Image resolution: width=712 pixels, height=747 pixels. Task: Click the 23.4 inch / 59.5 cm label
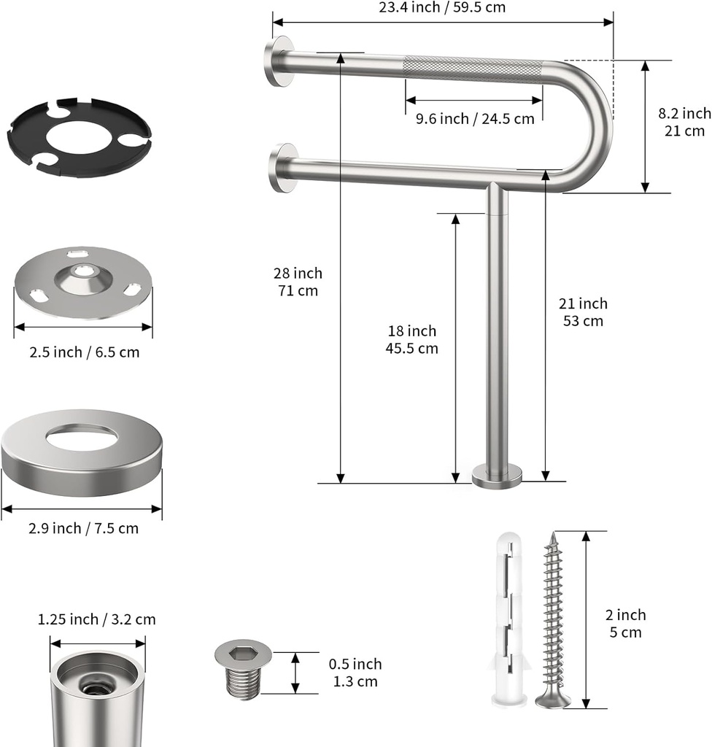click(442, 7)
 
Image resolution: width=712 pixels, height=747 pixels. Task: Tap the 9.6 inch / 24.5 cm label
click(475, 118)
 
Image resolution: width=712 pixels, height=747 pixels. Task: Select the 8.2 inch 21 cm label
click(684, 122)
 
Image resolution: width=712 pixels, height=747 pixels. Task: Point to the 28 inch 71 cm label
click(298, 282)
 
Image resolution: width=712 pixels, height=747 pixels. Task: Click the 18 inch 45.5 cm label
click(411, 339)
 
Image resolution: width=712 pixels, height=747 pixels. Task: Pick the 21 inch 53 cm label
click(583, 311)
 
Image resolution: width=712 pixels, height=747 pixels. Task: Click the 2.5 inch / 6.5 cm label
click(84, 352)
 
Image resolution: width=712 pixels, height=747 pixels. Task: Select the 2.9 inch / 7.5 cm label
click(83, 528)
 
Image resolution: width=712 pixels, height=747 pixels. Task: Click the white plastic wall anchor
click(510, 620)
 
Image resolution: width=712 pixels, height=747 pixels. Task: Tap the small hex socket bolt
click(243, 670)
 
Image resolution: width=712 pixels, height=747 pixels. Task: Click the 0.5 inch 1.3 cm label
click(355, 673)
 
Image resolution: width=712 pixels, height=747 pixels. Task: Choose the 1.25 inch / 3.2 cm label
click(96, 619)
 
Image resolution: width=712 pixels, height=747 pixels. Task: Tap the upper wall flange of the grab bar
click(279, 61)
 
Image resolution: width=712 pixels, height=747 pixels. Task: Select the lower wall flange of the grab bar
click(282, 168)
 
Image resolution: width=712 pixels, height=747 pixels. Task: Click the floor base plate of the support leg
click(497, 477)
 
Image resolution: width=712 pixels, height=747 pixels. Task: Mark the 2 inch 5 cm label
click(626, 624)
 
